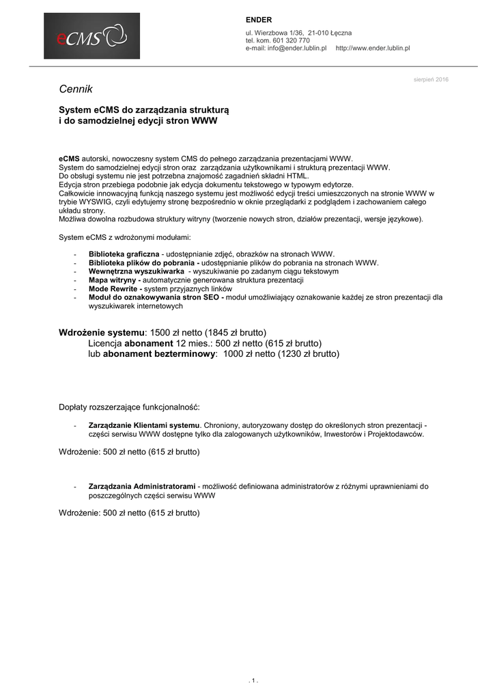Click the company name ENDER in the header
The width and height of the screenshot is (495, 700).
[259, 20]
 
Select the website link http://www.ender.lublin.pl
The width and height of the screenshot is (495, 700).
[373, 49]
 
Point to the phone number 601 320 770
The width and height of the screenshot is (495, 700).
[292, 41]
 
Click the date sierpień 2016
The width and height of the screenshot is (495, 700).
[431, 79]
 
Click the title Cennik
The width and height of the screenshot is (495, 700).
[75, 90]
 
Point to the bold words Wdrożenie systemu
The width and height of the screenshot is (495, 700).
[102, 332]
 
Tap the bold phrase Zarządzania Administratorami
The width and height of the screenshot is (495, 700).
[142, 487]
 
